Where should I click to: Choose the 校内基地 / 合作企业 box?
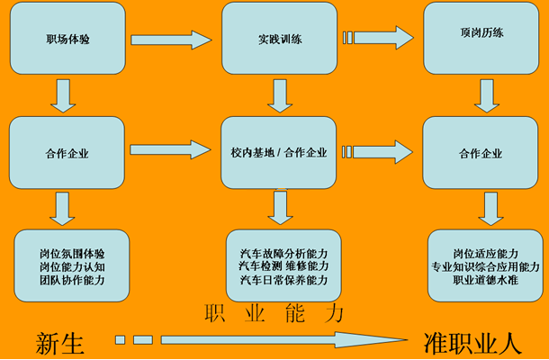point(279,152)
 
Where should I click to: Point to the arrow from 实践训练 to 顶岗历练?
point(377,38)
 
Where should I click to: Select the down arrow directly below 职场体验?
point(63,94)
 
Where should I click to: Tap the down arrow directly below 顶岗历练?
point(486,93)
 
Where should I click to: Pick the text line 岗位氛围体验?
point(72,254)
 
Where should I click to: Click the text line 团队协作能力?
point(72,280)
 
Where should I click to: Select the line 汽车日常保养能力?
point(283,280)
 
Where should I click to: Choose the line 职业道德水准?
point(485,281)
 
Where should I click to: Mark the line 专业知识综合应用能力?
point(485,267)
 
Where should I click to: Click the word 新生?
point(59,342)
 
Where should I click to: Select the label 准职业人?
point(472,342)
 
